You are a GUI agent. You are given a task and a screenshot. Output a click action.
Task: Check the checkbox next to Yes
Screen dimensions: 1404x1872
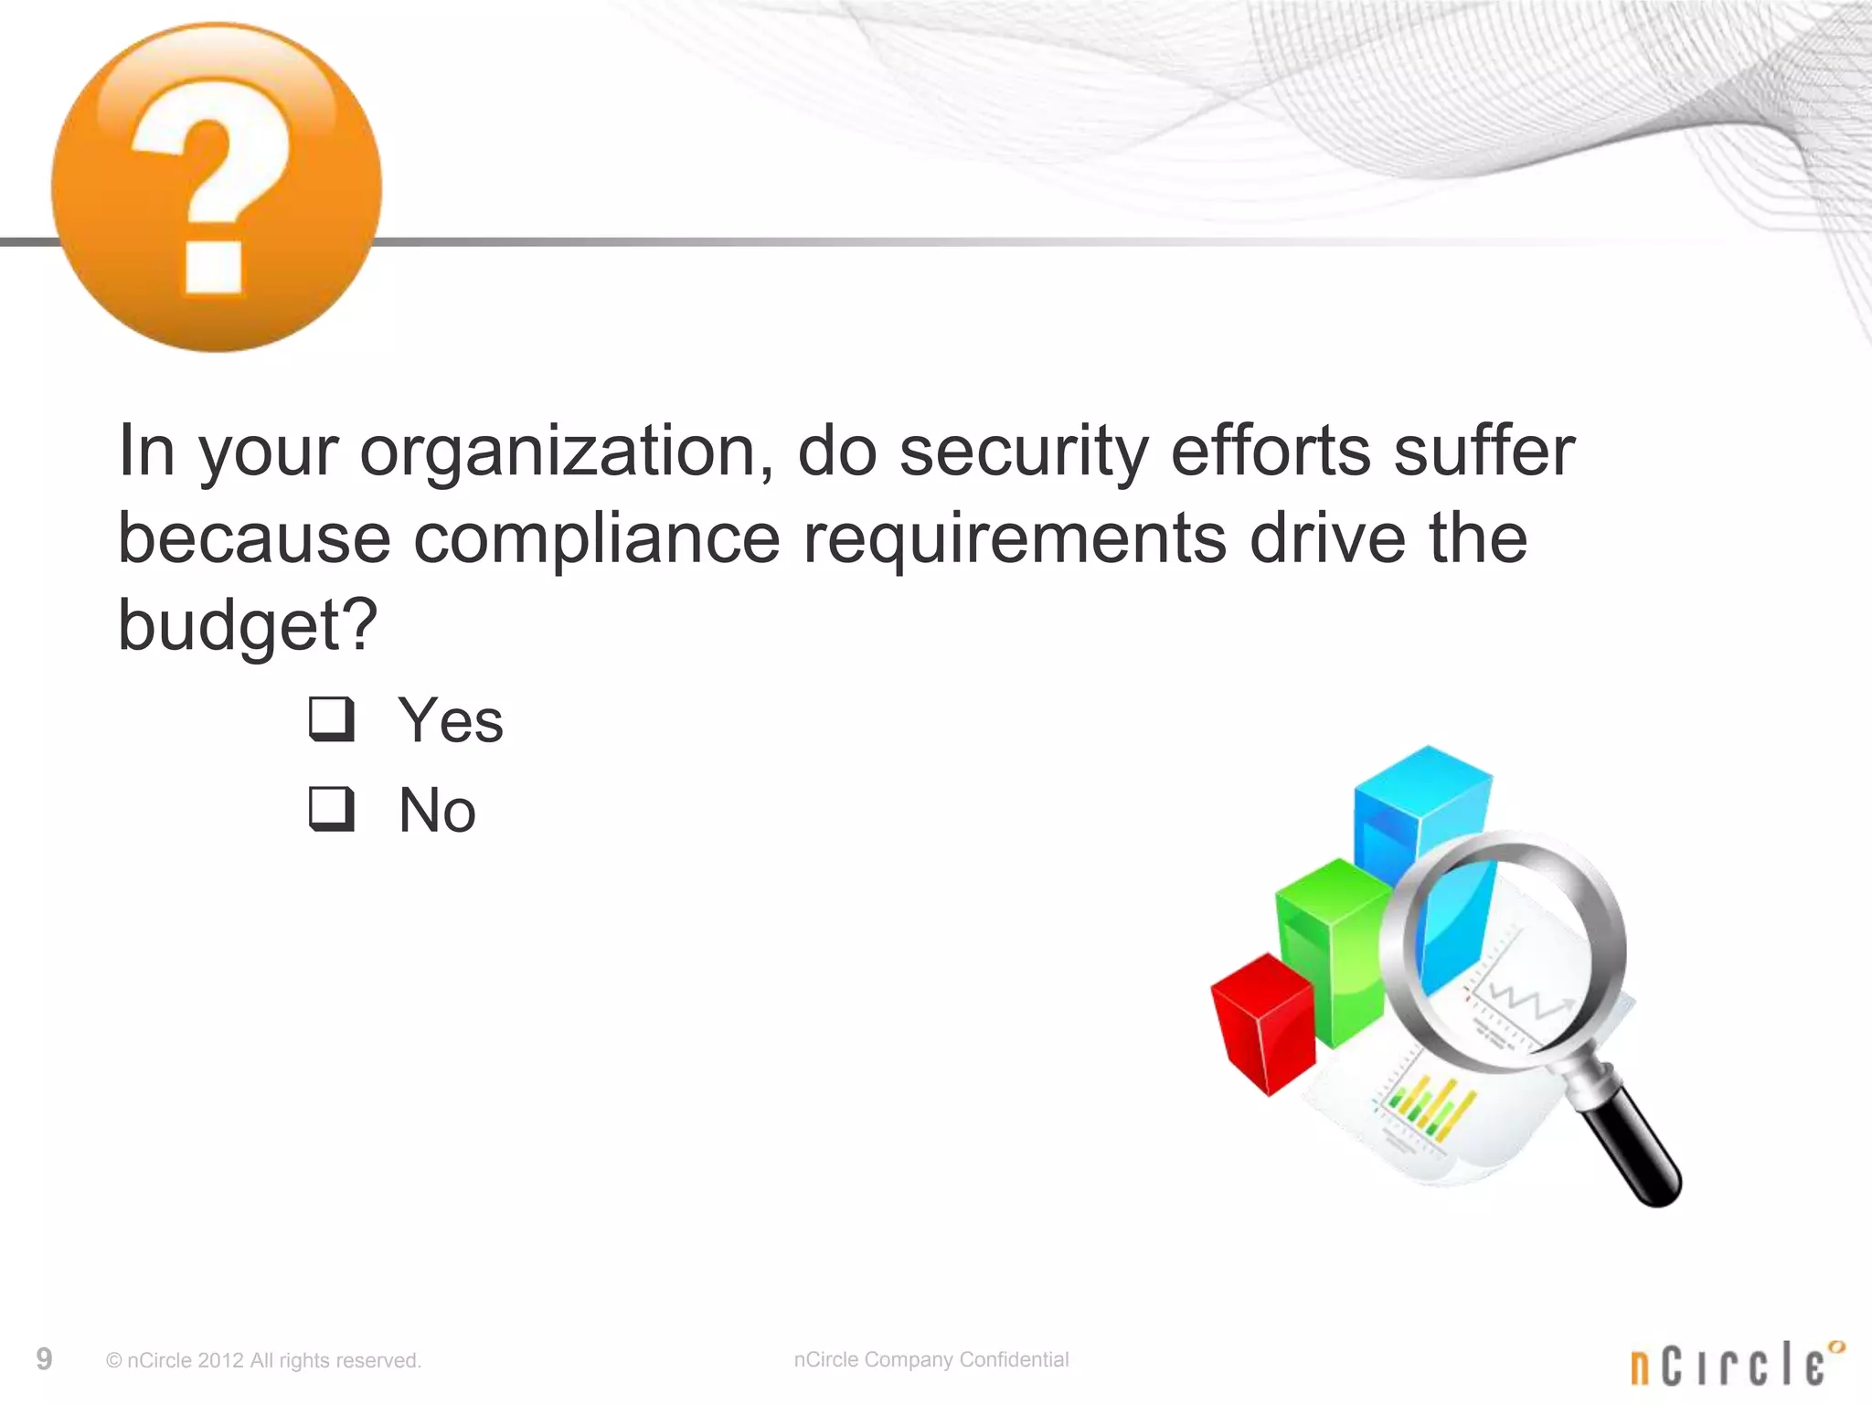(330, 719)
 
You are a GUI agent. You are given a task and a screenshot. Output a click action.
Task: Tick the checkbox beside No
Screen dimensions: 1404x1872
(330, 809)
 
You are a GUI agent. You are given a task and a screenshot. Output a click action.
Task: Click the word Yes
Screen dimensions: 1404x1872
(450, 721)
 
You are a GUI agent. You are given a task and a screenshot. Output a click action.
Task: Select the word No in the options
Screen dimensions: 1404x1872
(437, 811)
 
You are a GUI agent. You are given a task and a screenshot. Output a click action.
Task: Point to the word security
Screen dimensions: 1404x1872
(1023, 452)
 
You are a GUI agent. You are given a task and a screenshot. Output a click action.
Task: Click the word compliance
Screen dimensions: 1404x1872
(596, 539)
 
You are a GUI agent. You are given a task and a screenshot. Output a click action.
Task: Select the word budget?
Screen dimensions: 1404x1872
(248, 626)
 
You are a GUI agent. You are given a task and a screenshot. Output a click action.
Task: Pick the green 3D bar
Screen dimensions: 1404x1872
(1330, 951)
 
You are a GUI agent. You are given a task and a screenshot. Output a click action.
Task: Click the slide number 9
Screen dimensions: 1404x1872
(44, 1359)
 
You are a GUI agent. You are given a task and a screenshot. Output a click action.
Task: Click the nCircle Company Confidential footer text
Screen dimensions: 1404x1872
(931, 1359)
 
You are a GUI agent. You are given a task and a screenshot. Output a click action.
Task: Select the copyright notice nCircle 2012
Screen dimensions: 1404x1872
(263, 1360)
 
